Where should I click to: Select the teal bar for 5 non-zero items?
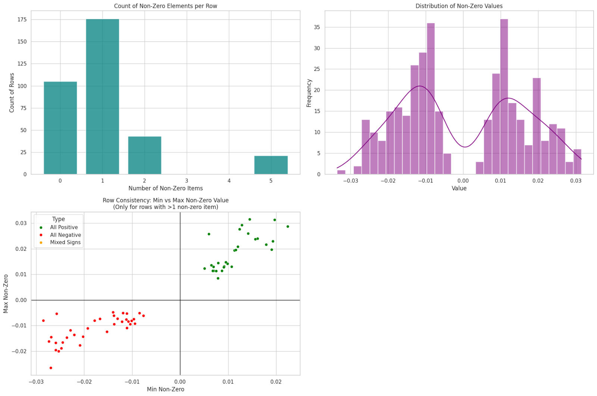271,165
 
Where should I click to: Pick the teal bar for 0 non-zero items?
60,128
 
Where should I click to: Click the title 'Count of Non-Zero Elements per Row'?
165,6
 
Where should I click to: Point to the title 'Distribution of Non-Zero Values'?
459,6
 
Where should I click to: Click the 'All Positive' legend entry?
64,227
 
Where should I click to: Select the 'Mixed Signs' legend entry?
65,242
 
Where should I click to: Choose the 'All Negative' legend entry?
65,235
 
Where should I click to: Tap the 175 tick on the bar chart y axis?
22,19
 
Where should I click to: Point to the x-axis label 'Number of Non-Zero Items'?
165,188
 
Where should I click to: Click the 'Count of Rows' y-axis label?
12,93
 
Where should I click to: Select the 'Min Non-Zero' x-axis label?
165,389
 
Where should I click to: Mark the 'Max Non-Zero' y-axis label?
6,294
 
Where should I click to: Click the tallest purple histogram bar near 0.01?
504,97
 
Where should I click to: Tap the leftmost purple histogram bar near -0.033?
341,172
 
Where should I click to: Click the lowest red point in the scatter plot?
51,368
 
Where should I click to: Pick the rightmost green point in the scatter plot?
288,227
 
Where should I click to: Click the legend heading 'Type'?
59,219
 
